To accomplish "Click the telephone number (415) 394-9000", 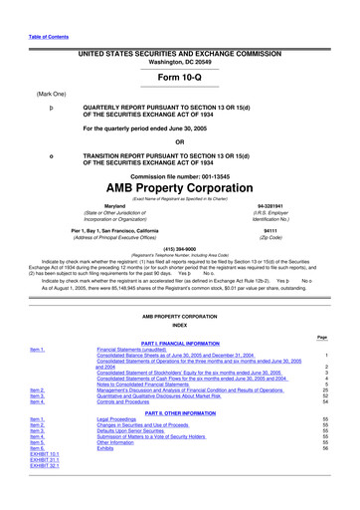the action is point(180,249).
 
